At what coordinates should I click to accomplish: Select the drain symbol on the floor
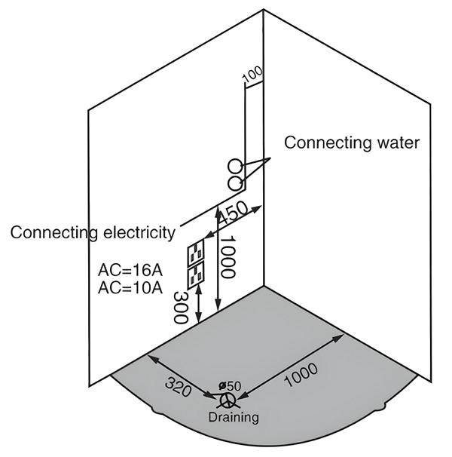(x=224, y=398)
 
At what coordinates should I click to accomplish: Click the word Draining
(x=234, y=417)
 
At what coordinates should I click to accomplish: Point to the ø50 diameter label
(x=229, y=386)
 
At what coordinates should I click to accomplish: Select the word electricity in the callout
(x=139, y=232)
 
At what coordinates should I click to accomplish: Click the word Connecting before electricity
(x=55, y=232)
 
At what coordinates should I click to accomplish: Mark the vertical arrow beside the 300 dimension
(x=198, y=305)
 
